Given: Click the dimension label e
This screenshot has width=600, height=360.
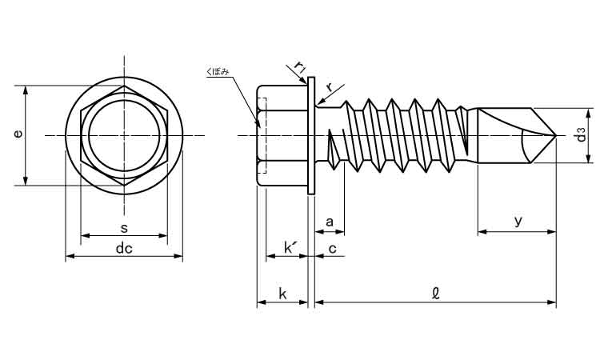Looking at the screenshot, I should click(18, 134).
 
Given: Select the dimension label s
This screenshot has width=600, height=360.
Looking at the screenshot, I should click(124, 227).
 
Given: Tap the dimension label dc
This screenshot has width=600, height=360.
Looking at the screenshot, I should click(123, 248).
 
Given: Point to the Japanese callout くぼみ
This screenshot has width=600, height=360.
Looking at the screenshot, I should click(218, 72).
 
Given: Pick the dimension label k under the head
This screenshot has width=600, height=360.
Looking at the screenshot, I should click(282, 294).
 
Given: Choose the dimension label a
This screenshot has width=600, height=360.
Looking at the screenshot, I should click(330, 222).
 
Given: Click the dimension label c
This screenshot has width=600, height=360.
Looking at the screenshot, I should click(331, 248).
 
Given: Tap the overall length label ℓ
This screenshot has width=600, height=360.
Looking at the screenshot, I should click(435, 293).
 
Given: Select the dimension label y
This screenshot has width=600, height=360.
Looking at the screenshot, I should click(518, 222).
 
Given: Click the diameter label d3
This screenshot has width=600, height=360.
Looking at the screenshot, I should click(582, 135).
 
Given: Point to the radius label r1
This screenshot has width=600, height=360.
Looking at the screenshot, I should click(299, 67).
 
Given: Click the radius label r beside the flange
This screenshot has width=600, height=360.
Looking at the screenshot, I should click(329, 85).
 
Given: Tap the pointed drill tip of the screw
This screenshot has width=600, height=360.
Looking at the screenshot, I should click(553, 135).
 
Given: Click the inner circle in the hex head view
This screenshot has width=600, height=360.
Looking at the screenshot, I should click(124, 135).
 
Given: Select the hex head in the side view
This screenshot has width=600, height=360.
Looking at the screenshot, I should click(282, 135).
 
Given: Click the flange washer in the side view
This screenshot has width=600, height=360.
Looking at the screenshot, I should click(312, 135).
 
